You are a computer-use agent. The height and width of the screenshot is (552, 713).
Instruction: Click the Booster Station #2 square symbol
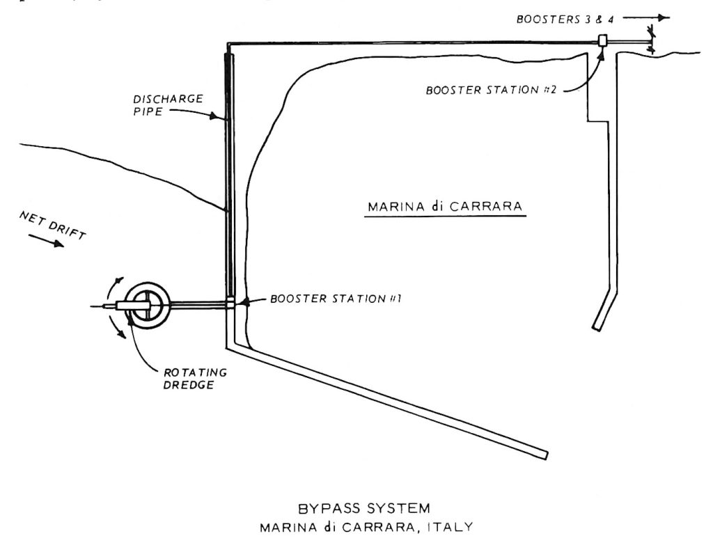click(x=603, y=41)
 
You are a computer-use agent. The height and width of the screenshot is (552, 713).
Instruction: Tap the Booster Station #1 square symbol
click(x=231, y=303)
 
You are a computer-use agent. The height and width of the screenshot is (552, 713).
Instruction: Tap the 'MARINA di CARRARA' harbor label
click(x=445, y=207)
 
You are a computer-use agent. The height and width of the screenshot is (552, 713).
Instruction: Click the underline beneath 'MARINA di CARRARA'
click(x=445, y=216)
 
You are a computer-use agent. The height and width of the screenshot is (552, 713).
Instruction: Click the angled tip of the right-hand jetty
click(x=597, y=324)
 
